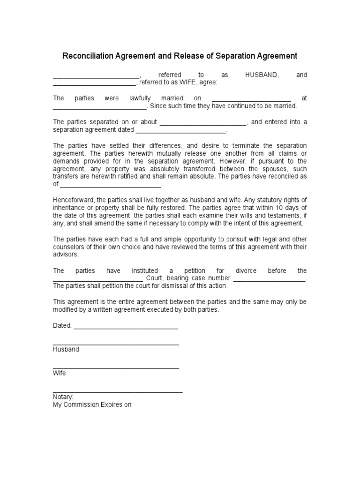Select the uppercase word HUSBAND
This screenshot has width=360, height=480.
tap(262, 75)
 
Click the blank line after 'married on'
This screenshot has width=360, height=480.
tap(251, 99)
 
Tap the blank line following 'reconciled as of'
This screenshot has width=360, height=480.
tap(110, 185)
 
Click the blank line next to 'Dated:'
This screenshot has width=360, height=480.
tap(126, 326)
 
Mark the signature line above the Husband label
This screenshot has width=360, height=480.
tap(116, 345)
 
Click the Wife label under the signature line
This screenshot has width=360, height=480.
tap(60, 373)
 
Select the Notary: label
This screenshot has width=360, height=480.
tap(63, 397)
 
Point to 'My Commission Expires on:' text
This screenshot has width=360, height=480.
tap(93, 404)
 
